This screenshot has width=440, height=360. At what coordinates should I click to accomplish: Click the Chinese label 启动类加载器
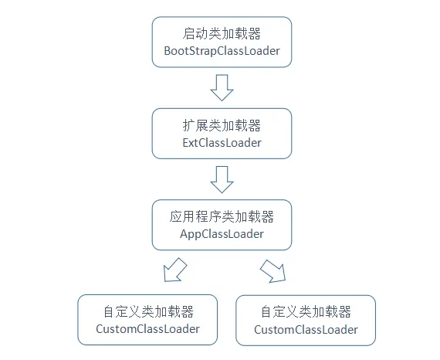coord(222,33)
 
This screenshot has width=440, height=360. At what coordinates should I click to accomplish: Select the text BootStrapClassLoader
coord(222,51)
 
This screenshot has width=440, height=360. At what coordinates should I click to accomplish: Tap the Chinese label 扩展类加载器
coord(222,125)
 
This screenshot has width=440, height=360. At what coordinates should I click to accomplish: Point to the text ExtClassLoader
coord(222,143)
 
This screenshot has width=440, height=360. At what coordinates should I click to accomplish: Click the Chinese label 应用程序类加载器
coord(222,216)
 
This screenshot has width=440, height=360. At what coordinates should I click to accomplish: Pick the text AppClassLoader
coord(222,234)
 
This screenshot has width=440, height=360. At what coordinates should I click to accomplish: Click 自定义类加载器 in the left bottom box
coord(147,311)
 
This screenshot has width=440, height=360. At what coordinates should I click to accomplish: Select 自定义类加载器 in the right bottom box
coord(306,312)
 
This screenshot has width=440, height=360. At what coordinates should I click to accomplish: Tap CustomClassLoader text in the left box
coord(147,329)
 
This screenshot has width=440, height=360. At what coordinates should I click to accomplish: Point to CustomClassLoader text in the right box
coord(306,330)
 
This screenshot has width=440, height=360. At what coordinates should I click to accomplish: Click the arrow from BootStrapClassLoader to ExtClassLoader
coord(222,87)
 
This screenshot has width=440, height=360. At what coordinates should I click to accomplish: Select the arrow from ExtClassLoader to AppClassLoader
coord(222,179)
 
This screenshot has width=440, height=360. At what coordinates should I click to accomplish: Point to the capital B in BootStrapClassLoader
coord(168,51)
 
